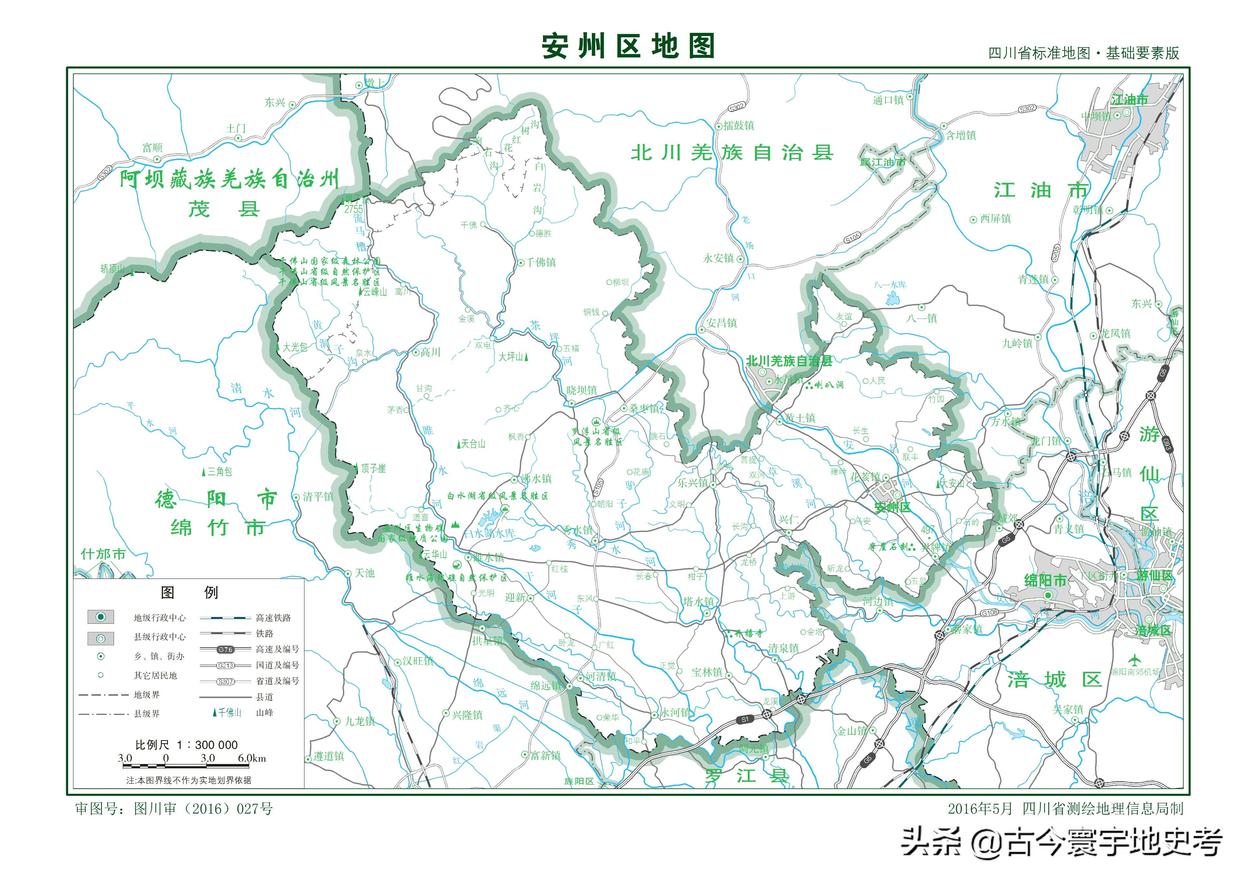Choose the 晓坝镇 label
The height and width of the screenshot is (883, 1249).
point(582,390)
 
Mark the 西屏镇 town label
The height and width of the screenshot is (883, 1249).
point(995,219)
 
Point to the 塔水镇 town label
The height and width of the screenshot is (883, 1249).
point(699,602)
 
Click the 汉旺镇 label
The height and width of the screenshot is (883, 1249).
point(418,661)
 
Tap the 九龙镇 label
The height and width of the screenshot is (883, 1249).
point(360,721)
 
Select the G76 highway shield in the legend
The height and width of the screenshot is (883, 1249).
point(225,650)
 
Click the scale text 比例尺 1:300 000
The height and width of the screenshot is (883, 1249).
point(186,745)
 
